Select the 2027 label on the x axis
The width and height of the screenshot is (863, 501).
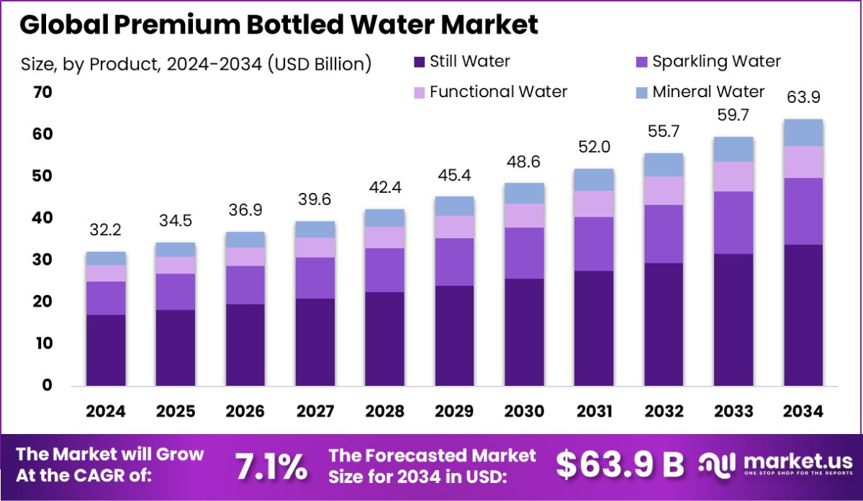pos(315,412)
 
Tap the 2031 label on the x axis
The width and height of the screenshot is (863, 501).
pos(595,412)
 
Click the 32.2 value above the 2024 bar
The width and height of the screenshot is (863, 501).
pos(106,230)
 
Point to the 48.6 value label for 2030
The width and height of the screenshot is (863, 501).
pos(525,162)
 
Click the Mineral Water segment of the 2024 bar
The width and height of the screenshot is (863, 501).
pos(106,258)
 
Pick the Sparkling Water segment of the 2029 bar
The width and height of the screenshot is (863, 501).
pos(455,262)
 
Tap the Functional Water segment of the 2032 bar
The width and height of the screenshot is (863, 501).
pos(664,191)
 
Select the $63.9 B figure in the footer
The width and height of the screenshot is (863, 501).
pos(620,466)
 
